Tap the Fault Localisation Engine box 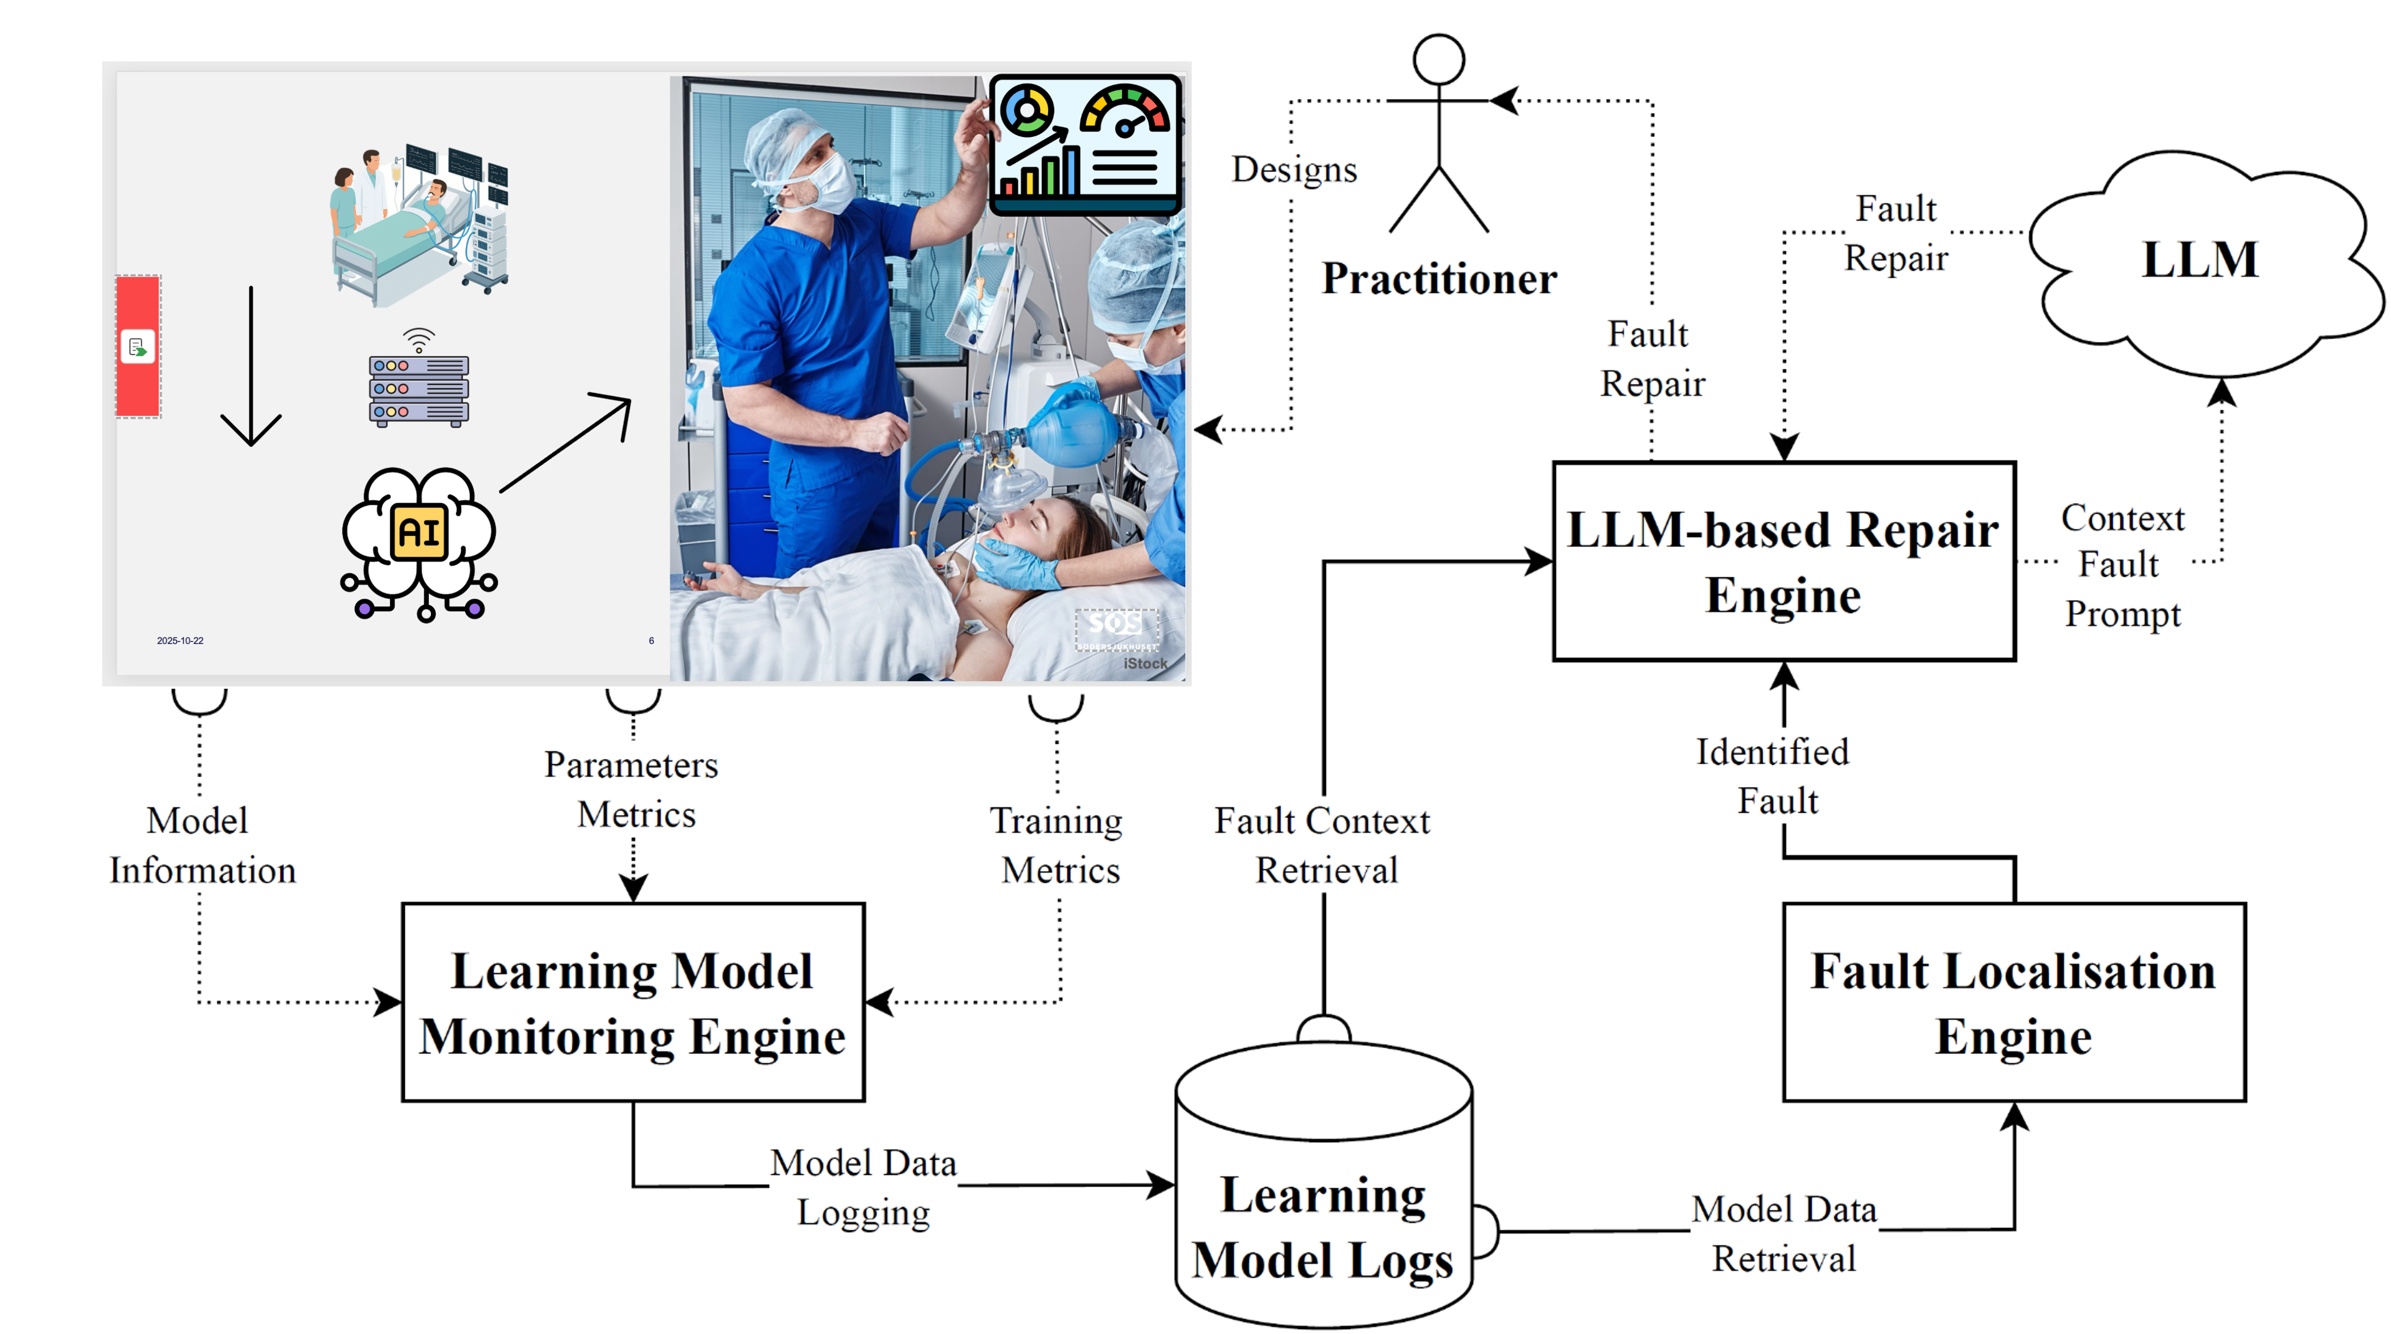[2014, 1002]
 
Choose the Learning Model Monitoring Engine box [633, 1002]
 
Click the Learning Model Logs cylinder [1324, 1183]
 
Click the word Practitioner [1439, 278]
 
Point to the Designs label [1294, 170]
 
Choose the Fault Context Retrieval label [1323, 845]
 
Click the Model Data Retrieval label [1784, 1234]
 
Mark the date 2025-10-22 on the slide [180, 640]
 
